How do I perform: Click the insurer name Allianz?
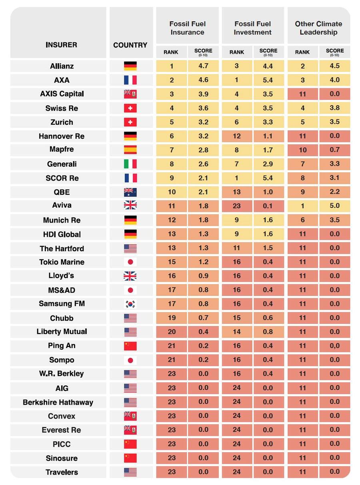coord(62,66)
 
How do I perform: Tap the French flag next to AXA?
coord(130,80)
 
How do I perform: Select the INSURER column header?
coord(61,45)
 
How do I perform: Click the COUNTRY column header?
coord(130,45)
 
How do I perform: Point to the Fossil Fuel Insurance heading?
coord(187,28)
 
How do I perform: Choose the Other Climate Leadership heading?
coord(318,28)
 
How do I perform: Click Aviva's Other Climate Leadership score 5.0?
coord(335,206)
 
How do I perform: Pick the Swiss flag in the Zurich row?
coord(130,122)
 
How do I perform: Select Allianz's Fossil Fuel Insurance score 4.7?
coord(203,66)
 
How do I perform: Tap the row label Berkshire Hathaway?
coord(58,402)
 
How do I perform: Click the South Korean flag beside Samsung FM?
coord(130,304)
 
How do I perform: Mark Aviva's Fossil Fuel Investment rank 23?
coord(237,206)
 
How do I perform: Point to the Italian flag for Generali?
coord(130,164)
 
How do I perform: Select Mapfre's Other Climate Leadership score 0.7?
coord(335,150)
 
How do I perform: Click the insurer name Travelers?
coord(62,472)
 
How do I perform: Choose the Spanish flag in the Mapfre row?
coord(130,150)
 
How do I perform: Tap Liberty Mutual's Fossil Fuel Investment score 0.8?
coord(268,331)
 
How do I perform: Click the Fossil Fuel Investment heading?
coord(253,28)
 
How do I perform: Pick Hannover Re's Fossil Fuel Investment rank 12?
coord(237,136)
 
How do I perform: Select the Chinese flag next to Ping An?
coord(130,346)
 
